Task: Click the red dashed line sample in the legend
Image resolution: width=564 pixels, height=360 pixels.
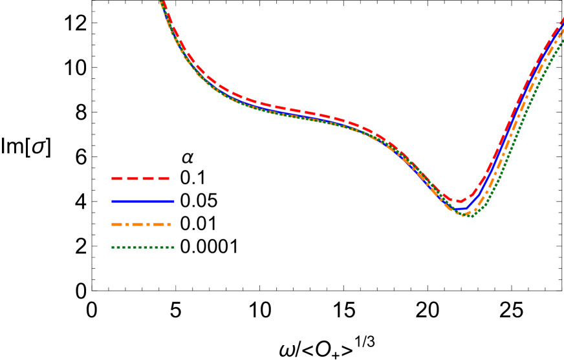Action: pyautogui.click(x=140, y=178)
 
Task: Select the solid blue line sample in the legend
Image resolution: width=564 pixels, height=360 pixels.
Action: pyautogui.click(x=142, y=201)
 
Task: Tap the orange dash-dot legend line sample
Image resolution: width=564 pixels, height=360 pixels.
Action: pyautogui.click(x=141, y=224)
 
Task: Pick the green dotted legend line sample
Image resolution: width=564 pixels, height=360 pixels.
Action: pyautogui.click(x=142, y=247)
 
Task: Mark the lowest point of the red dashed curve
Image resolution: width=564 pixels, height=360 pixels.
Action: pyautogui.click(x=460, y=202)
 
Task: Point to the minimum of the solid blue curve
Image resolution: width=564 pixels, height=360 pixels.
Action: pyautogui.click(x=461, y=209)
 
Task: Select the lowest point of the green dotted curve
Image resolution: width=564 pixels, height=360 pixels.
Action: pyautogui.click(x=470, y=216)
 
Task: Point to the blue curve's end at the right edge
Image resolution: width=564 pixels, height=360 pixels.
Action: pyautogui.click(x=562, y=26)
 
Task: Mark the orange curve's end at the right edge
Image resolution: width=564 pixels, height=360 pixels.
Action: pyautogui.click(x=562, y=31)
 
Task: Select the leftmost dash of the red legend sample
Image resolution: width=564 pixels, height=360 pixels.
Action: pyautogui.click(x=116, y=178)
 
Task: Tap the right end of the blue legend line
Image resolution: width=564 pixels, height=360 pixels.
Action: pyautogui.click(x=173, y=201)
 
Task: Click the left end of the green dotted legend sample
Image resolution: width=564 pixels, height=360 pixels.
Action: pyautogui.click(x=113, y=247)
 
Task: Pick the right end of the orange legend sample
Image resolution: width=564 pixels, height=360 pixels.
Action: pyautogui.click(x=170, y=224)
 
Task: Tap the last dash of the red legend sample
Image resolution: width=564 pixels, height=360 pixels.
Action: pyautogui.click(x=164, y=178)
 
